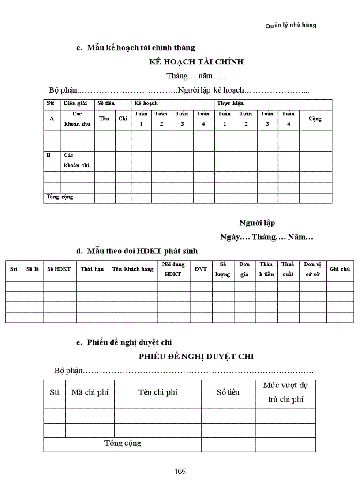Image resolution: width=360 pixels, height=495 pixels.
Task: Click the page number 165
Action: [x=180, y=471]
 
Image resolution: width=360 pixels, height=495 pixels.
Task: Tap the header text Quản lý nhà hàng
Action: [x=291, y=25]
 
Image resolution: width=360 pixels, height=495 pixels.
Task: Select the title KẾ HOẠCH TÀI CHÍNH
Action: [x=196, y=62]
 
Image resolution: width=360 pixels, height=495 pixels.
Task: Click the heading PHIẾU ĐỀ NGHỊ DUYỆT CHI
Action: [x=196, y=356]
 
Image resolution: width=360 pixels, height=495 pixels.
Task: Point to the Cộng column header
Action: [x=315, y=119]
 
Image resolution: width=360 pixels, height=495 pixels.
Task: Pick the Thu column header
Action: [x=105, y=119]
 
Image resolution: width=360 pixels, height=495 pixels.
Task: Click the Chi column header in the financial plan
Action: [x=123, y=119]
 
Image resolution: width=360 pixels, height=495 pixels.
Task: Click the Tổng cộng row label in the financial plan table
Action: [x=60, y=197]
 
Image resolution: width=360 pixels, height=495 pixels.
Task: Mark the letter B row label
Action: [x=49, y=156]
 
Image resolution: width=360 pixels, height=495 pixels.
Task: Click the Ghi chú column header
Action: [x=340, y=269]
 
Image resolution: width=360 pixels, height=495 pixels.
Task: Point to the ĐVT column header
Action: [x=201, y=269]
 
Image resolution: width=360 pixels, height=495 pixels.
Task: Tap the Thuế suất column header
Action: [x=288, y=269]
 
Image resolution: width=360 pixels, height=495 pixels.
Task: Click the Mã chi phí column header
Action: [x=90, y=392]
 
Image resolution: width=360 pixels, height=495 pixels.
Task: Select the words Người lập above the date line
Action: [x=257, y=223]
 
